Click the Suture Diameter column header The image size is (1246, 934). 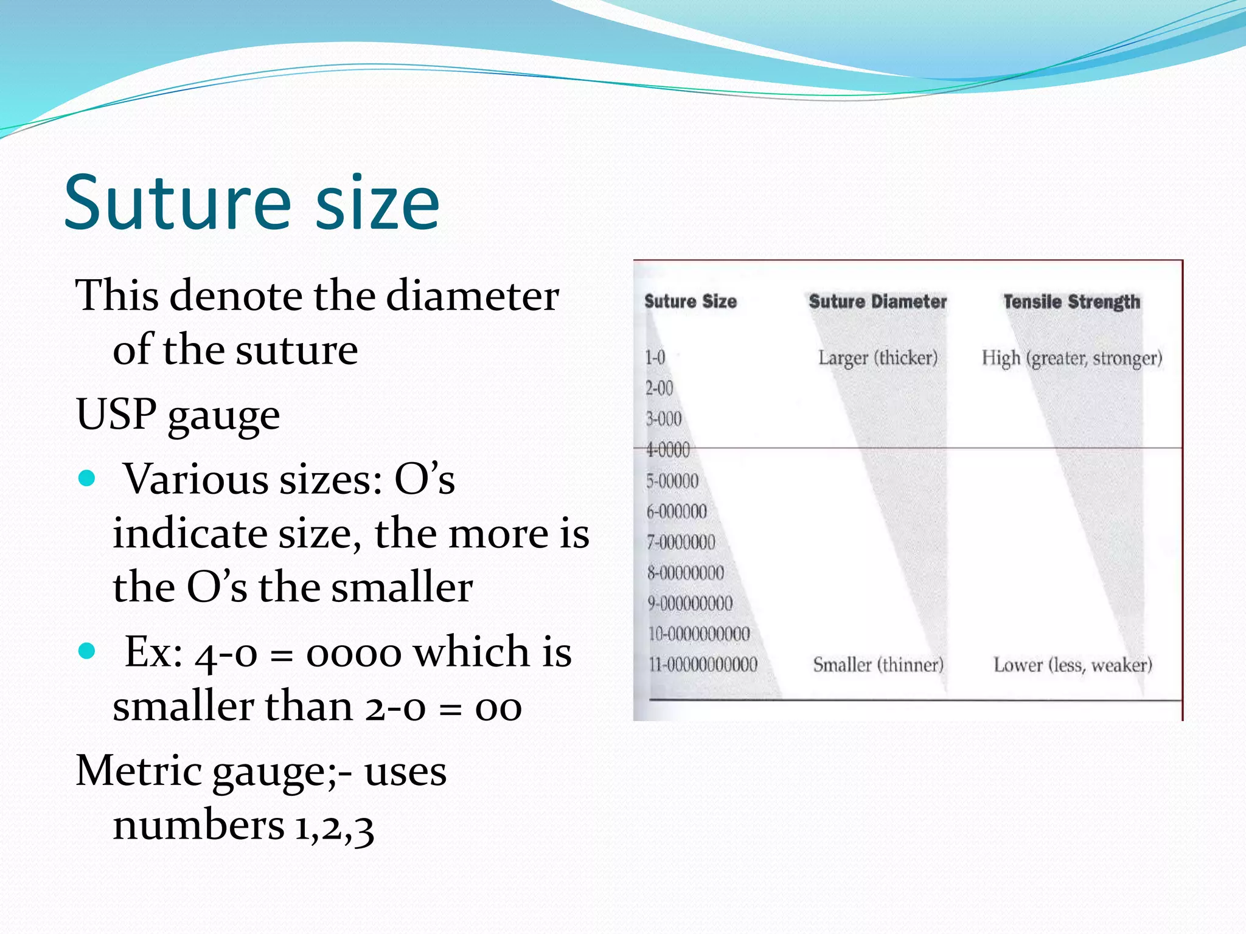pos(877,302)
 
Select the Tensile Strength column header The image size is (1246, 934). pos(1071,302)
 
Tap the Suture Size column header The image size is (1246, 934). pos(691,302)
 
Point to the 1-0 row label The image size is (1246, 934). pos(655,358)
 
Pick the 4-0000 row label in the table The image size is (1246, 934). pos(668,450)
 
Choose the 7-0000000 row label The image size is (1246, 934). pos(681,542)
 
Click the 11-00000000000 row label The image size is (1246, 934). pos(703,665)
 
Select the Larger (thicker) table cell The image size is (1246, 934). pos(877,358)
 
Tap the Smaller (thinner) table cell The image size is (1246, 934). pos(878,665)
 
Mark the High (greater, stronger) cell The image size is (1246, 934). pos(1071,359)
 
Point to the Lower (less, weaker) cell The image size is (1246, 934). pos(1073,665)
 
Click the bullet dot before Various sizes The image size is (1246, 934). pos(88,479)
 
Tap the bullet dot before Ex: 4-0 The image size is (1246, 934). pos(88,651)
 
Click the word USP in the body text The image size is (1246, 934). pos(116,414)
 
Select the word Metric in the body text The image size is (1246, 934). pos(138,771)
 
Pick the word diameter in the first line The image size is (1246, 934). pos(472,296)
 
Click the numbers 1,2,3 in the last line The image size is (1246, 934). pos(334,827)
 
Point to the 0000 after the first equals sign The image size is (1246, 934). pos(353,654)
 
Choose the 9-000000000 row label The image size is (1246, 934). pos(690,603)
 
